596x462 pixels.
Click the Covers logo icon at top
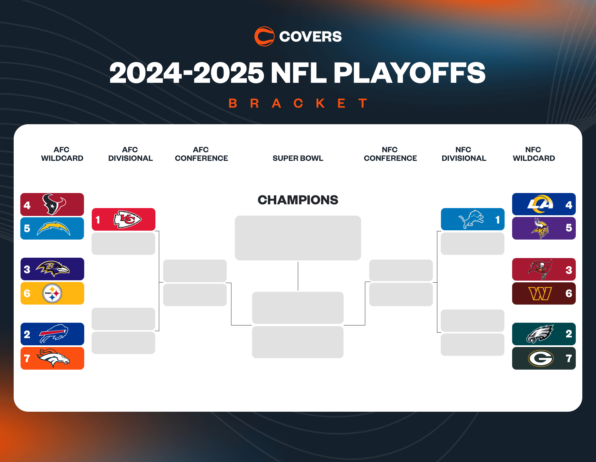264,36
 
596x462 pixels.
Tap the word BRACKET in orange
298,103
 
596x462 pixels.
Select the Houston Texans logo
54,204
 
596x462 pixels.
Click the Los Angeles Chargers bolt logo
53,229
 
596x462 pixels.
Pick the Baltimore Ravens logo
53,269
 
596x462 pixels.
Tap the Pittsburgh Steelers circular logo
52,293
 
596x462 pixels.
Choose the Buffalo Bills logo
54,333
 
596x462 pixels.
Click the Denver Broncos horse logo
53,358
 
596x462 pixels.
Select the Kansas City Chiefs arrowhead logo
127,219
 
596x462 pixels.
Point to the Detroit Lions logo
471,219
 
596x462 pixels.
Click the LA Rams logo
540,204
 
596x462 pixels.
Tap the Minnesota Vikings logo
540,228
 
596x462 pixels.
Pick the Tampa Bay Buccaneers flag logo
540,269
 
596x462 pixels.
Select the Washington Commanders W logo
540,293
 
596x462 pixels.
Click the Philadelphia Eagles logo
540,334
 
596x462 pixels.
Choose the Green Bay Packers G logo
541,358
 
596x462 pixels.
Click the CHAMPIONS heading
298,200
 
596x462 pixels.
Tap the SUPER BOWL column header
298,158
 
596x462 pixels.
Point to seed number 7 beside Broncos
27,358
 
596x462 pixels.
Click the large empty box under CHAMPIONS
298,238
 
